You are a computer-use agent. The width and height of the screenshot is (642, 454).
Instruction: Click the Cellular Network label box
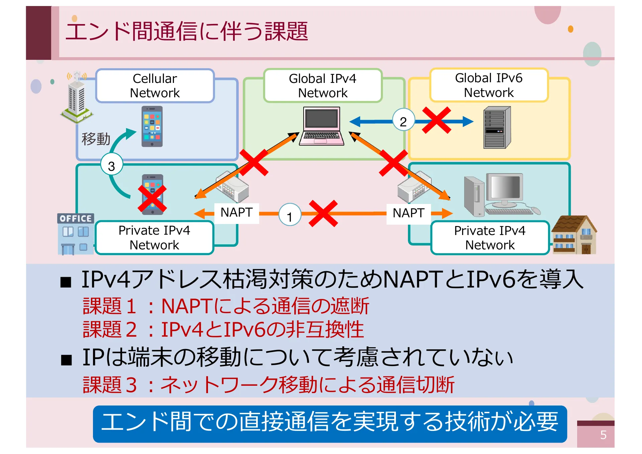[155, 86]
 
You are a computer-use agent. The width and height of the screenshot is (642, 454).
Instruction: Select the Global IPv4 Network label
[323, 86]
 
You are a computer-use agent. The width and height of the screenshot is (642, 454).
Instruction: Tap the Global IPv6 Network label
[489, 85]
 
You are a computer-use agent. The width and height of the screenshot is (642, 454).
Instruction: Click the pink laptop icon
[322, 126]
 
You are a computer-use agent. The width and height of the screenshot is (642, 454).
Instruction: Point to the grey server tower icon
[497, 128]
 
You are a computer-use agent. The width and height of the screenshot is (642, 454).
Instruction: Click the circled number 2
[403, 122]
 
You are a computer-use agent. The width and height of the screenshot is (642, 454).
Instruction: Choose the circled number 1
[290, 216]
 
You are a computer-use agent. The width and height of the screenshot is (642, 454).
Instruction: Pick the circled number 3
[112, 166]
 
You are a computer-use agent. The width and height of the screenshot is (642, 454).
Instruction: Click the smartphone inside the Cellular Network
[152, 127]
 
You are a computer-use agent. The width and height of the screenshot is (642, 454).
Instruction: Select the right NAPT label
[408, 213]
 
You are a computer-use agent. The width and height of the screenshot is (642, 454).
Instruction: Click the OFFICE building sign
[76, 219]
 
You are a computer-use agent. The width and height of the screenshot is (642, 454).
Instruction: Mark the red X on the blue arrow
[436, 120]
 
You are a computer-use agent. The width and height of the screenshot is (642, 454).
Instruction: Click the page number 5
[603, 435]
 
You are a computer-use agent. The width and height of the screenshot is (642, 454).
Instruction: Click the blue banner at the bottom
[330, 423]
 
